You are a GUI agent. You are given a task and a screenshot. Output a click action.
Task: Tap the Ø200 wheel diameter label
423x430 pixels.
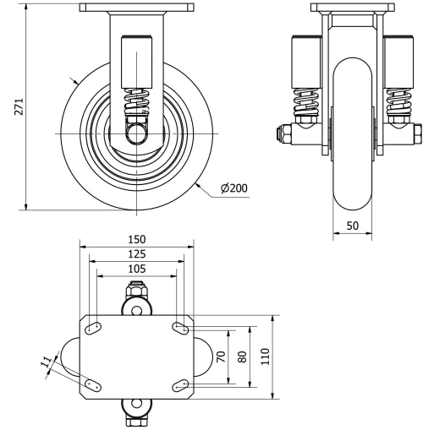click(233, 188)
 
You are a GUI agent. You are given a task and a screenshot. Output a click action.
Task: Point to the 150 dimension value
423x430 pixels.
click(136, 239)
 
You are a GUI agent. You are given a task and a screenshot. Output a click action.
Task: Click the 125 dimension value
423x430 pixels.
click(136, 253)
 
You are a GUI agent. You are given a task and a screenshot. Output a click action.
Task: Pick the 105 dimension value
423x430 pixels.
click(136, 269)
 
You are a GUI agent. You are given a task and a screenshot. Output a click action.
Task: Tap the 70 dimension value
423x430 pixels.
click(222, 357)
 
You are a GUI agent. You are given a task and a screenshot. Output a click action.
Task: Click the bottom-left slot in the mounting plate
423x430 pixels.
click(95, 385)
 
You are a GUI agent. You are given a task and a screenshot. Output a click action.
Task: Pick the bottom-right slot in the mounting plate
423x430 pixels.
click(179, 385)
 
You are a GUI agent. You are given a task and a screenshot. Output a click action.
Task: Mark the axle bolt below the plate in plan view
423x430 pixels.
click(136, 413)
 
